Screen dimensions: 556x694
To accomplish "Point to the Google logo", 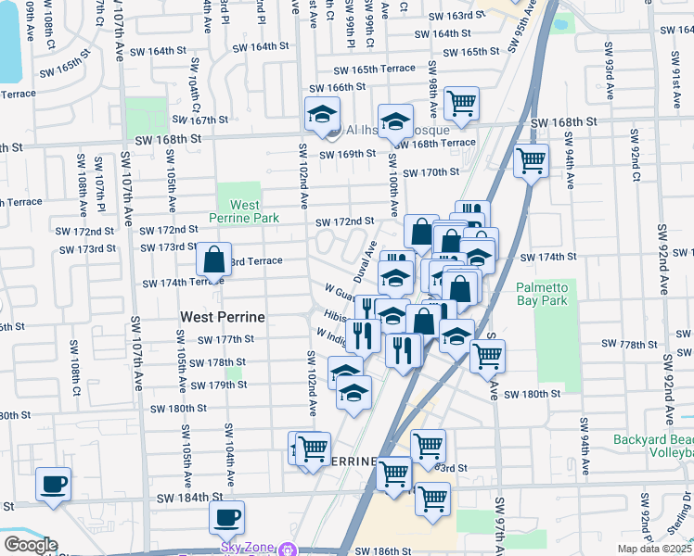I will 30,544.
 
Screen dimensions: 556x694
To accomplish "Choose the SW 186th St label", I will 383,550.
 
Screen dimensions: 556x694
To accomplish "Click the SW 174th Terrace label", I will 169,283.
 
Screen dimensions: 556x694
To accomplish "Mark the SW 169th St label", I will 347,154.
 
